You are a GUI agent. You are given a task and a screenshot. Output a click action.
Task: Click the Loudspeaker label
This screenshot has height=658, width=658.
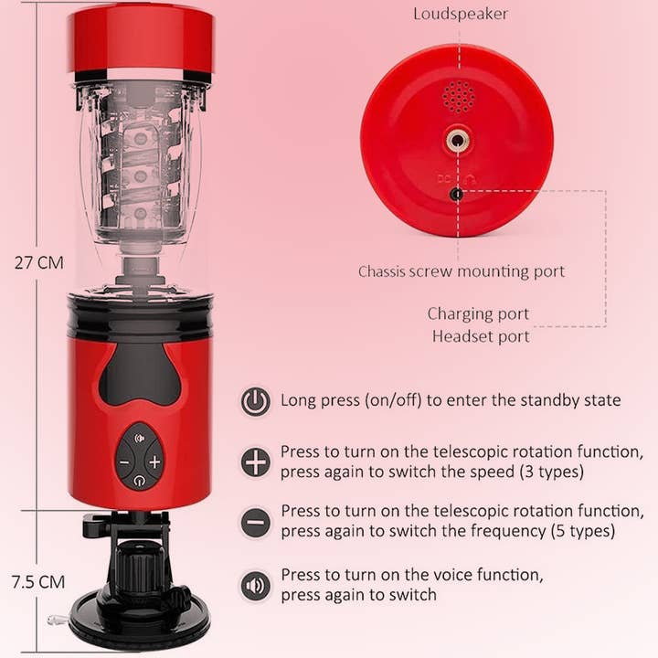point(461,15)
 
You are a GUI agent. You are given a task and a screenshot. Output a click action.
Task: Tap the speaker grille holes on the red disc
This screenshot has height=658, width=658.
point(459,97)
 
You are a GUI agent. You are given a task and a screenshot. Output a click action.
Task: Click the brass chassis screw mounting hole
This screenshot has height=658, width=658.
point(457,140)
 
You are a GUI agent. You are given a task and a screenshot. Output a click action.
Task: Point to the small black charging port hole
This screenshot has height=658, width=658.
point(456,195)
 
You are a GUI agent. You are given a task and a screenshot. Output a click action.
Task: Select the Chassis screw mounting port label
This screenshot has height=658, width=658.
point(462,271)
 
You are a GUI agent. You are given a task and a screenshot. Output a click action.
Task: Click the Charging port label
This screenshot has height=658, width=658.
point(478,313)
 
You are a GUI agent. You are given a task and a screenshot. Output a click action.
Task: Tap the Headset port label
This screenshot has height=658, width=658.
point(481,336)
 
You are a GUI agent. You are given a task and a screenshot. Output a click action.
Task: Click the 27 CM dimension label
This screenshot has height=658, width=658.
point(39,262)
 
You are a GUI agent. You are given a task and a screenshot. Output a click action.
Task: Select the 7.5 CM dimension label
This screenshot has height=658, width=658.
point(38,582)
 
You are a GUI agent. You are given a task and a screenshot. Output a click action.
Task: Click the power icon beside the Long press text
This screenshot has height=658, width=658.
point(255,401)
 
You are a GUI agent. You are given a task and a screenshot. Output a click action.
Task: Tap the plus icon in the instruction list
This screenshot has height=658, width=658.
point(255,462)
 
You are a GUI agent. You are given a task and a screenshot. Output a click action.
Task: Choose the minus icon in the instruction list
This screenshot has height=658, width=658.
point(255,522)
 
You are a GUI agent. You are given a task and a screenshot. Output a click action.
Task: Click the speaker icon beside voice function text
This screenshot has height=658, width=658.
point(255,585)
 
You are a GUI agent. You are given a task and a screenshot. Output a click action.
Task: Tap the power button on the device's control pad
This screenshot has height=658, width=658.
point(139,480)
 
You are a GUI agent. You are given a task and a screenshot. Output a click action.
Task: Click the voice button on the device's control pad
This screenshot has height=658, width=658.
point(140,439)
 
